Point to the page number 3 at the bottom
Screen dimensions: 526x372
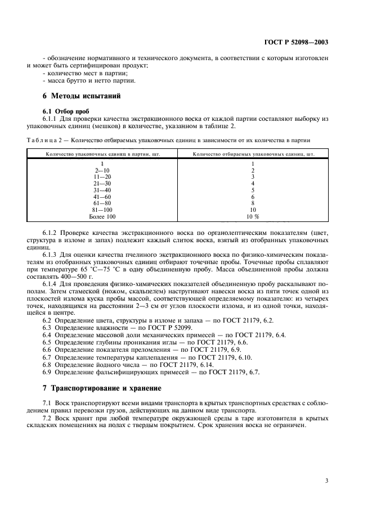click(328, 479)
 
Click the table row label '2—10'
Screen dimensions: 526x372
click(102, 170)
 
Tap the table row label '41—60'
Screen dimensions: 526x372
click(102, 197)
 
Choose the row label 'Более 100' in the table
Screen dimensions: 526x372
click(102, 216)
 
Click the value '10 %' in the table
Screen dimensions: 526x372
click(253, 216)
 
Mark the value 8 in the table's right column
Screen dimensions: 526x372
click(253, 203)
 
